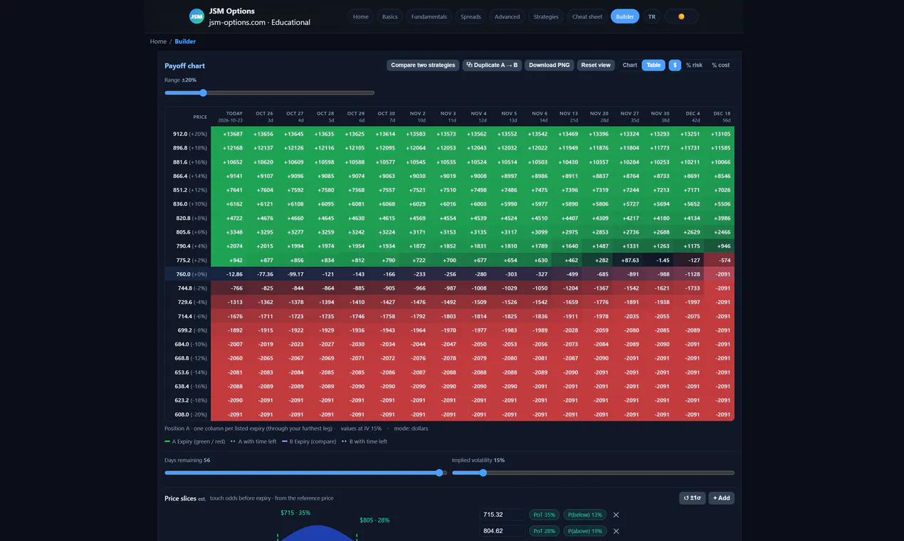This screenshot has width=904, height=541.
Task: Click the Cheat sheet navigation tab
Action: coord(587,16)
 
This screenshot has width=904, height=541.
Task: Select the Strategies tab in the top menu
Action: coord(546,16)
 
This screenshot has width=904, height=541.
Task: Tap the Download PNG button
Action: coord(549,65)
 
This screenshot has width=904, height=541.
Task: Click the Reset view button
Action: coord(596,65)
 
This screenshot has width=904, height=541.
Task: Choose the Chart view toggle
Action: coord(629,65)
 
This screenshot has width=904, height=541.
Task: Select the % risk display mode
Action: coord(694,65)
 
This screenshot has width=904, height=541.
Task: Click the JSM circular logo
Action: coord(196,16)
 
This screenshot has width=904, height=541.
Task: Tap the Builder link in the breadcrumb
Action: coord(185,41)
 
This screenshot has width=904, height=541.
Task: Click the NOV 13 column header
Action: coord(568,117)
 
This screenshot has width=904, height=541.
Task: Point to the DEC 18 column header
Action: coord(722,117)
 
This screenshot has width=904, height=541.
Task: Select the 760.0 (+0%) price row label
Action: coord(191,274)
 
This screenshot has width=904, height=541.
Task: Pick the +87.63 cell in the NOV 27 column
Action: coord(629,261)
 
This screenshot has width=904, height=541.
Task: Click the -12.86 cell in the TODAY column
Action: coord(234,274)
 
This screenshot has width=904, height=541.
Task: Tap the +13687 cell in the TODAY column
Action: coord(233,134)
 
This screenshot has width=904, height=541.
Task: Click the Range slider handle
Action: coord(204,93)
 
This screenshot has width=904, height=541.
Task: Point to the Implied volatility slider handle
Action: coord(483,473)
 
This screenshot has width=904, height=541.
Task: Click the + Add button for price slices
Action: coord(721,498)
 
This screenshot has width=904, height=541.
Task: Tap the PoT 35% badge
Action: coord(544,515)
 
